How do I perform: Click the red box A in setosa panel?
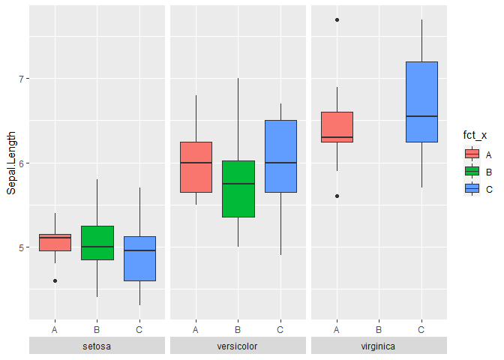pos(55,242)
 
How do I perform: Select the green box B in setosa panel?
pos(97,242)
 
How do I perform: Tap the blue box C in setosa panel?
pos(139,258)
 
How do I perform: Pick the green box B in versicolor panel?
pos(238,188)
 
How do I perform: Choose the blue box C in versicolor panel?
pos(280,156)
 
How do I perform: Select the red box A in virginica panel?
pos(337,127)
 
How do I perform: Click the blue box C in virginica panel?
pos(421,101)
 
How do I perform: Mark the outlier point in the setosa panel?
pos(55,280)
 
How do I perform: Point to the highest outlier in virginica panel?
pos(337,19)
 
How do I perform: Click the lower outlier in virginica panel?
pos(337,196)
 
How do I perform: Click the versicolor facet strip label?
pos(238,346)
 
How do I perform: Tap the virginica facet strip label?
pos(379,346)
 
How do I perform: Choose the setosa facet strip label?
pos(97,346)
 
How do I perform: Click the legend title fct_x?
pos(475,135)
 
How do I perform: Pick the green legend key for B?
pos(472,171)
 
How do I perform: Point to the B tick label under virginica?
pos(379,328)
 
